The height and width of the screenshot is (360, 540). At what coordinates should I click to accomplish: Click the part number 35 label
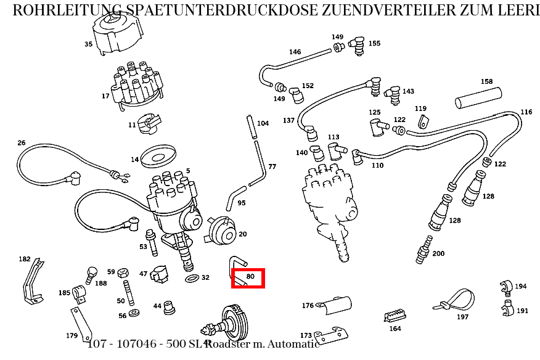point(88,44)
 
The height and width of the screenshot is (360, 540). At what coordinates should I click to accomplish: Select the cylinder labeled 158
point(479,100)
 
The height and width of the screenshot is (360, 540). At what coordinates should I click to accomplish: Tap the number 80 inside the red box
point(250,277)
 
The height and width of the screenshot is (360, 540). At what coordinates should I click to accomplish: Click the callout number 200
point(438,254)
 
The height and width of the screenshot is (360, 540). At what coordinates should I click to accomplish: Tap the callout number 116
point(526,112)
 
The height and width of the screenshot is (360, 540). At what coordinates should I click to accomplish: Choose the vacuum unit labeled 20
point(221,230)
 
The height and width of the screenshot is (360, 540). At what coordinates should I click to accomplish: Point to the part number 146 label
point(295,52)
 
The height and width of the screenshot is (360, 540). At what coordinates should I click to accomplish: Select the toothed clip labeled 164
point(395,316)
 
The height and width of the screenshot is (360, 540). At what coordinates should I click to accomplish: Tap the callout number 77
point(272,167)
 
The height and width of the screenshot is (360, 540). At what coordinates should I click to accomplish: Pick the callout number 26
point(22,143)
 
